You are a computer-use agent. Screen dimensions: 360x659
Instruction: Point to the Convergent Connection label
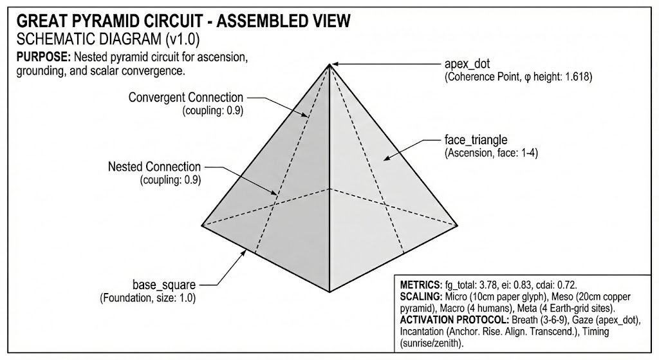186,98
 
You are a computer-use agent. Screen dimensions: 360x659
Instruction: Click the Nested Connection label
154,167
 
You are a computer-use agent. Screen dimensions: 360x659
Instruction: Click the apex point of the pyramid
329,63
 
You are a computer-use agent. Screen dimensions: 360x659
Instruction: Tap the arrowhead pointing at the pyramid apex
335,64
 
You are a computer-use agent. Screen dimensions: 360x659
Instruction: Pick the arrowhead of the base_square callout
246,252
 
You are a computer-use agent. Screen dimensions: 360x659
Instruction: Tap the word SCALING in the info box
421,296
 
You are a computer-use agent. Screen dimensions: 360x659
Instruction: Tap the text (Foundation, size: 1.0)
148,298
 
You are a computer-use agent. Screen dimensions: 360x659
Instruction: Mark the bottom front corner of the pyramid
329,291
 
